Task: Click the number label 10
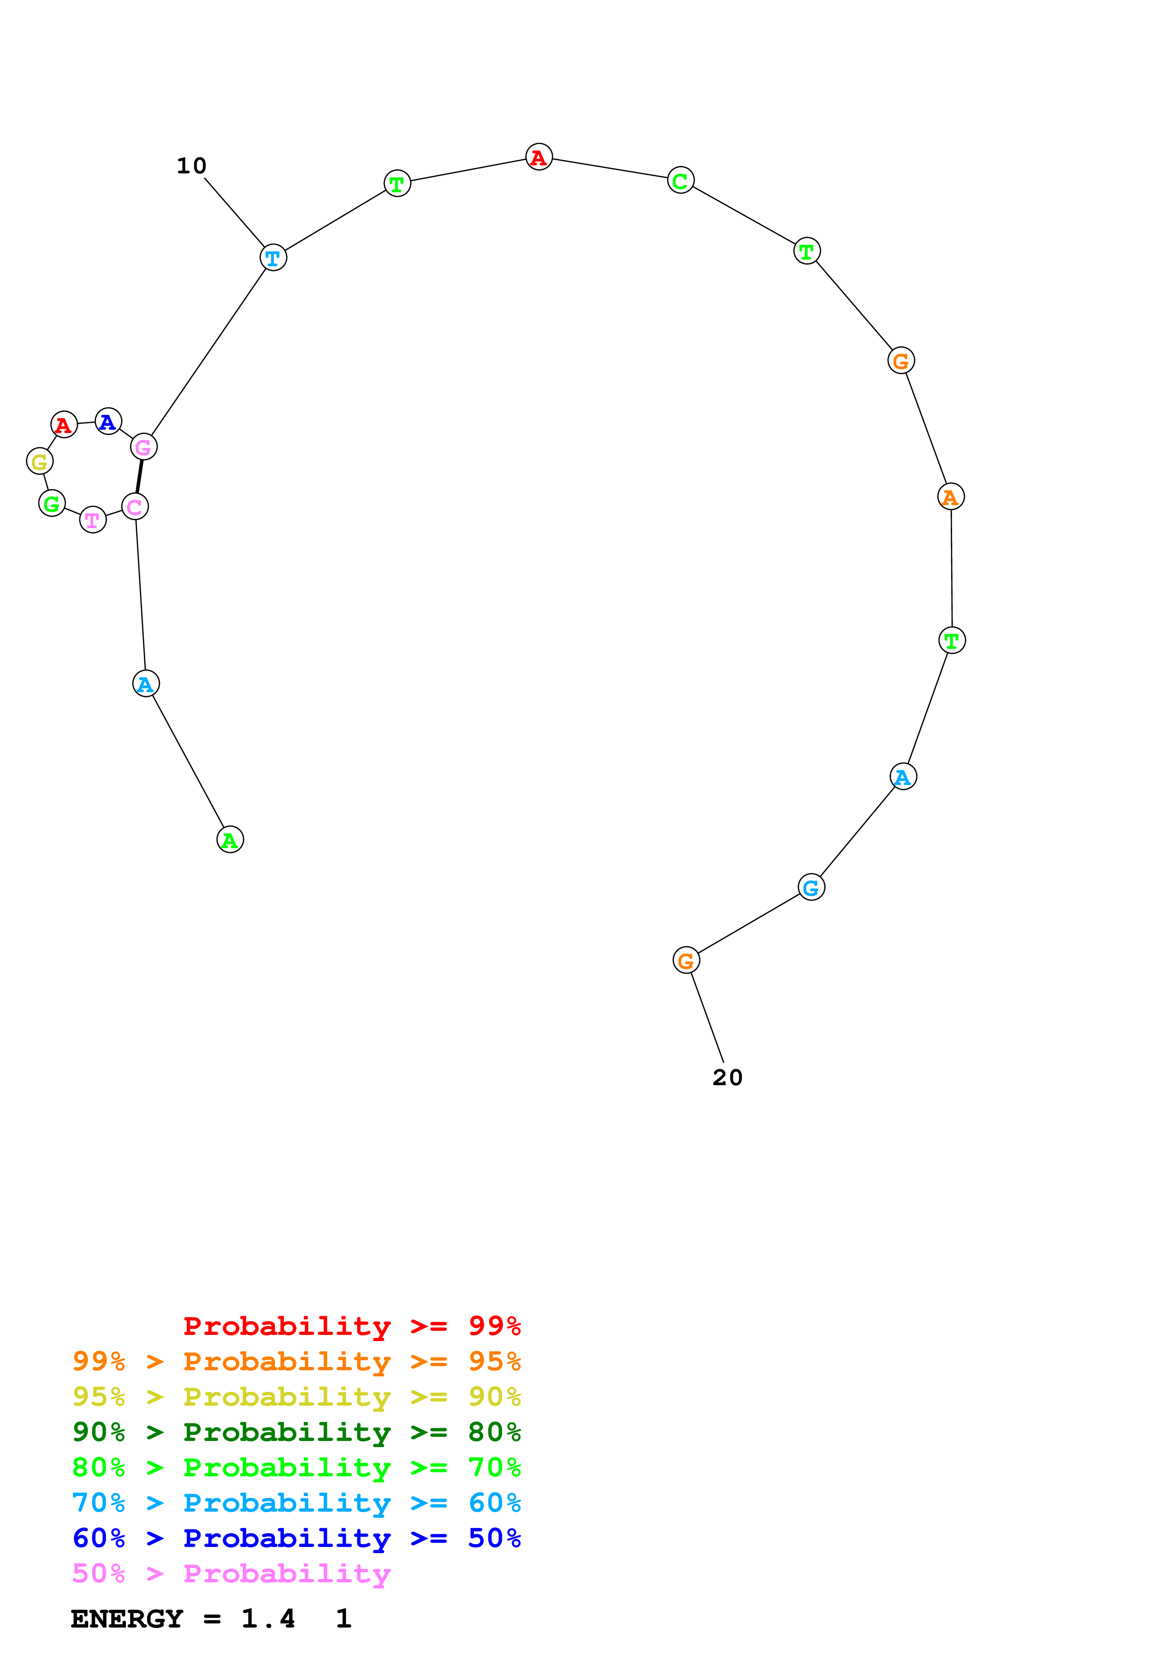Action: coord(191,166)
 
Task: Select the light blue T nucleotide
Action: coord(273,258)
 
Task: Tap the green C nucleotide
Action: coord(680,180)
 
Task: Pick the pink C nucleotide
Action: coord(135,507)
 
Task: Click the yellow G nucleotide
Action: coord(40,461)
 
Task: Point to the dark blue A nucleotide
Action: coord(108,421)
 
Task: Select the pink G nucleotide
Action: coord(143,447)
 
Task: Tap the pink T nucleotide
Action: coord(93,520)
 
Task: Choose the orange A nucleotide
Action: coord(950,497)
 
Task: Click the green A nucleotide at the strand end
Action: coord(230,840)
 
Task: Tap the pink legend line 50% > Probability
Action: coord(231,1574)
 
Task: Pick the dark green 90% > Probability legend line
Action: coord(296,1432)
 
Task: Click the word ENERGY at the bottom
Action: coord(127,1619)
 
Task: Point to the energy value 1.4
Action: coord(268,1619)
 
